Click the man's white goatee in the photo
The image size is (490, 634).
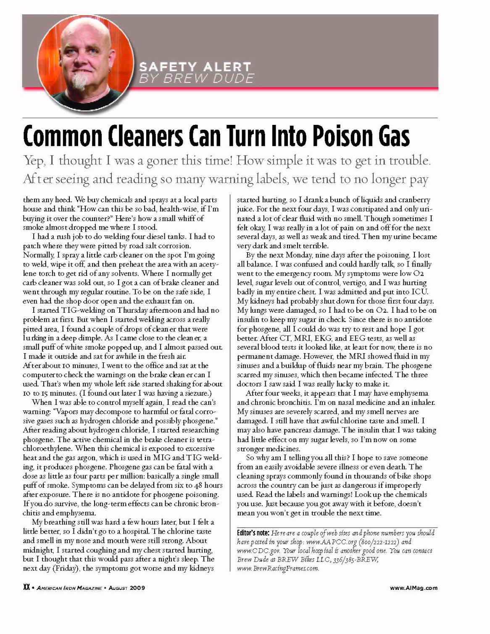(x=80, y=81)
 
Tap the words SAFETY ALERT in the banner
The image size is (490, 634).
(x=195, y=67)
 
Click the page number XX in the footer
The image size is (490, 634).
(x=26, y=588)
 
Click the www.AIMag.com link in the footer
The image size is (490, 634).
(x=414, y=588)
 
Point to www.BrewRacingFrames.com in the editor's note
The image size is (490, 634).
(x=278, y=568)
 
